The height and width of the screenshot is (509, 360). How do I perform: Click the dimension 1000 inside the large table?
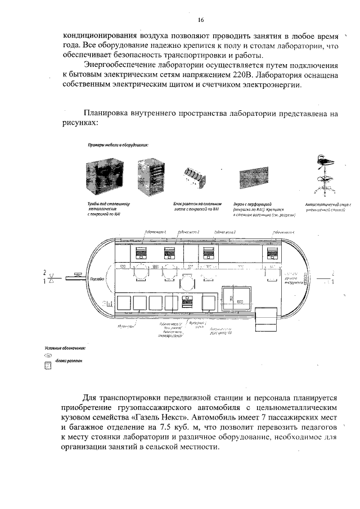click(240, 301)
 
